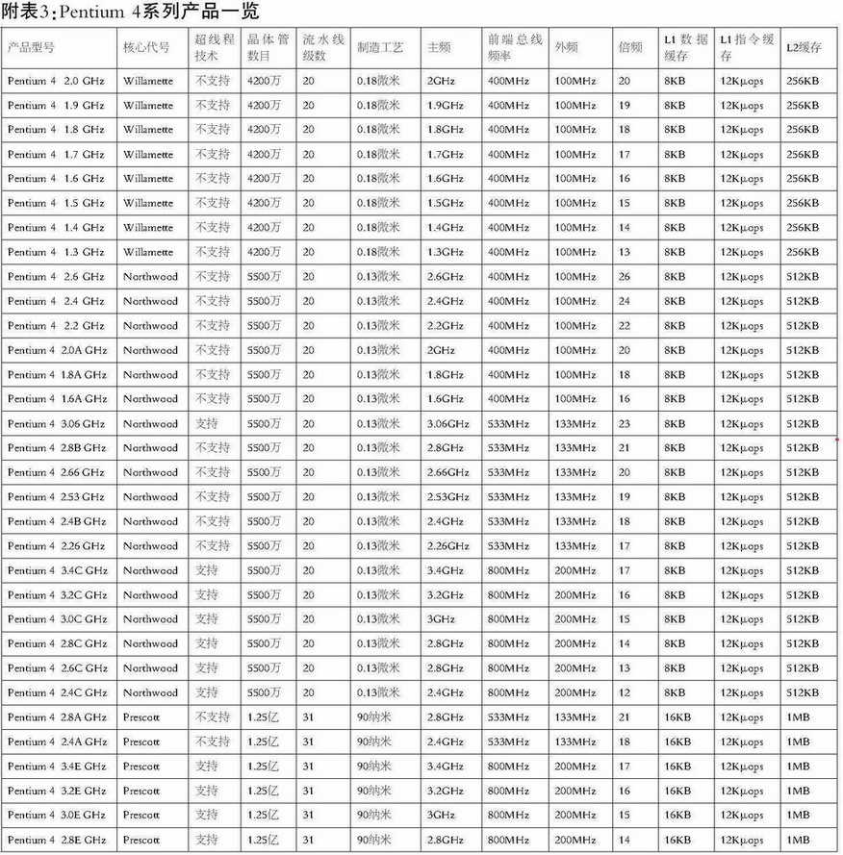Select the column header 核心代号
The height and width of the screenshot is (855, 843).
coord(146,47)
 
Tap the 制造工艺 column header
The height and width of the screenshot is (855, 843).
coord(380,47)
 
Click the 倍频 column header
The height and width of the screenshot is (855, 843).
coord(629,47)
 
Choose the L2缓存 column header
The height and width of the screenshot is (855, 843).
coord(804,47)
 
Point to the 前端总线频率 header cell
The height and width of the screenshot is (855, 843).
coord(514,47)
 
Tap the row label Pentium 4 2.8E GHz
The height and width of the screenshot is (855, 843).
coord(58,840)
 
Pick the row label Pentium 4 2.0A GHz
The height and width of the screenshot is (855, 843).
coord(58,351)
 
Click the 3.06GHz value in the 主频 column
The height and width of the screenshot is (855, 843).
coord(447,424)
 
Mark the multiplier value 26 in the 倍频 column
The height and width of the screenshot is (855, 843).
coord(625,277)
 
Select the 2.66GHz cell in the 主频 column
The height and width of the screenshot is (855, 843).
coord(447,473)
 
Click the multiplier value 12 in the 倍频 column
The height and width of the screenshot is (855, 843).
coord(625,693)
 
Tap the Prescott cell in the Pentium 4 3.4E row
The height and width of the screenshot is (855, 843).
coord(141,767)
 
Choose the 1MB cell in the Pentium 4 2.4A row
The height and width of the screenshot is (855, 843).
coord(798,742)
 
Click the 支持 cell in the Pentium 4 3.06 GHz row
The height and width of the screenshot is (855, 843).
coord(207,424)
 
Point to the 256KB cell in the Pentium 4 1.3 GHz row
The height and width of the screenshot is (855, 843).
coord(803,253)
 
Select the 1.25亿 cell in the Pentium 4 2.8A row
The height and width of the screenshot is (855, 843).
coord(263,717)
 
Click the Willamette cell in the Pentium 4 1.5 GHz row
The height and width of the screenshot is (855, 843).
coord(148,204)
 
